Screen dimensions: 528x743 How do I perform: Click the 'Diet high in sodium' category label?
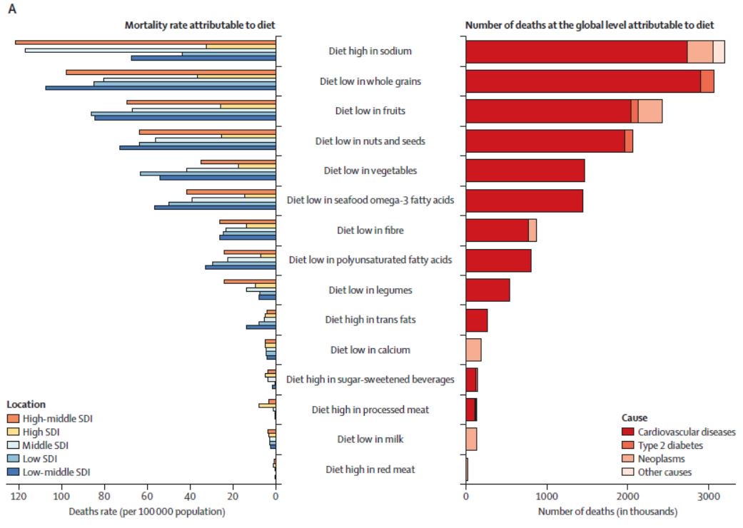click(x=370, y=51)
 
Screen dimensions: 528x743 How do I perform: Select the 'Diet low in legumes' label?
click(x=370, y=290)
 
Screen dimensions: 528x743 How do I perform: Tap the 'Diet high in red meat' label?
click(x=370, y=469)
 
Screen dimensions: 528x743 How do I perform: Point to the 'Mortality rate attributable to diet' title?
click(x=200, y=25)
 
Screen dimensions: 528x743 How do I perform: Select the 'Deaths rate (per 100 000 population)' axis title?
click(x=147, y=512)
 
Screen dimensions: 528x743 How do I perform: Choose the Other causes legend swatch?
click(x=628, y=472)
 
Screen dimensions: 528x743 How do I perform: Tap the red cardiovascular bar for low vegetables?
click(x=525, y=171)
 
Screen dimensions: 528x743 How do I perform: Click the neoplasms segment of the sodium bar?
click(x=699, y=52)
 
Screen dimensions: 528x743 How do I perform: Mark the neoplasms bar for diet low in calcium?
click(x=473, y=350)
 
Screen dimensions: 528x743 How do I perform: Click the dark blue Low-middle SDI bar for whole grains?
click(x=161, y=88)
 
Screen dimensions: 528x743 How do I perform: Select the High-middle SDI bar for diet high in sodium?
click(x=146, y=42)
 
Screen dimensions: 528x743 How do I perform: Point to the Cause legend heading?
click(x=634, y=418)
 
